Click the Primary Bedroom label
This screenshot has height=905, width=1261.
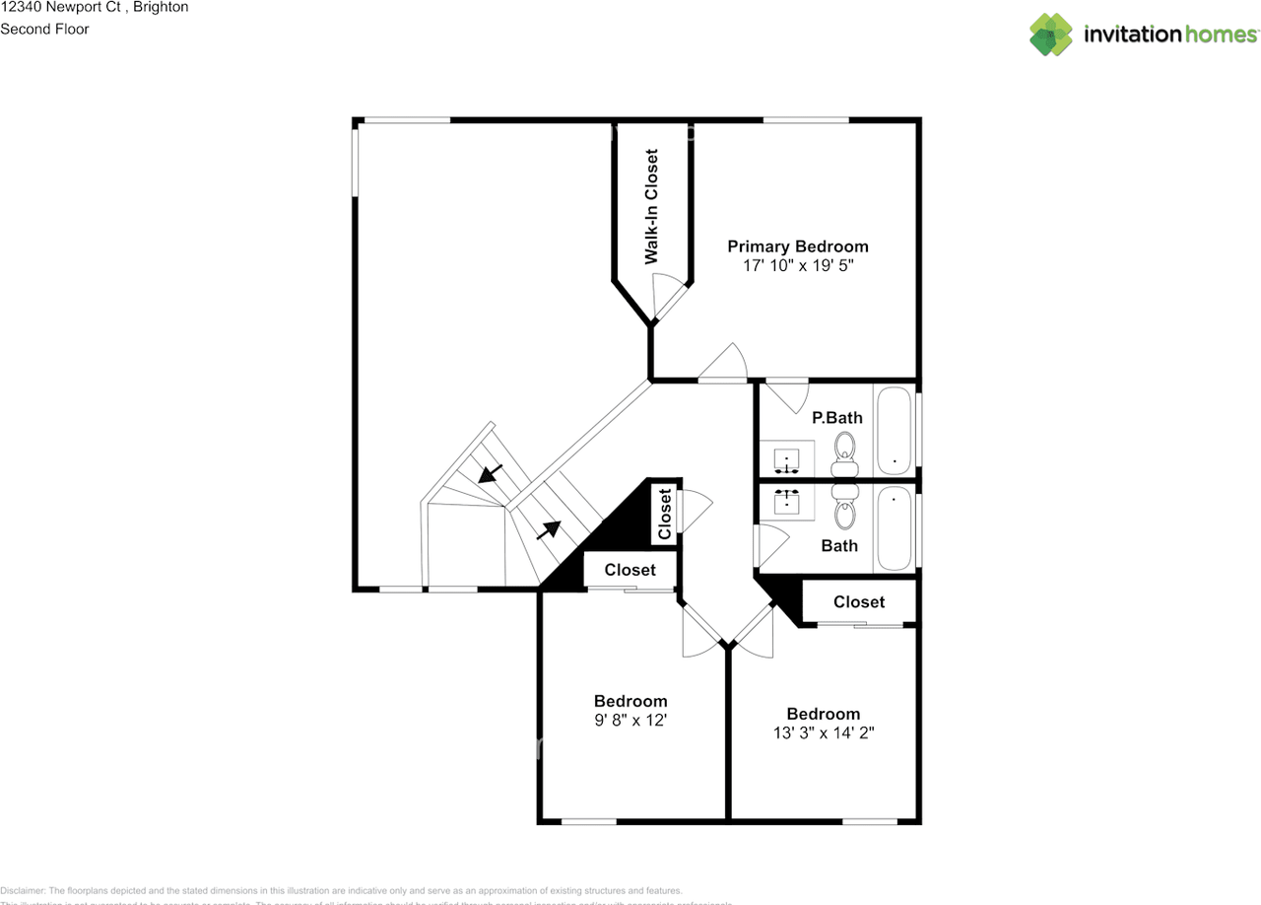point(798,246)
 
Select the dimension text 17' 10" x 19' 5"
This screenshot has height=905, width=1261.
point(798,266)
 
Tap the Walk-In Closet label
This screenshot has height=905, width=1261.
point(651,207)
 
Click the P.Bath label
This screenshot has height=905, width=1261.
point(836,417)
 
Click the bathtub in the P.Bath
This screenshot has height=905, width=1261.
point(895,429)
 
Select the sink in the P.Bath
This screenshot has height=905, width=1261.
point(788,459)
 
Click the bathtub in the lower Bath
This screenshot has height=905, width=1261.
point(895,528)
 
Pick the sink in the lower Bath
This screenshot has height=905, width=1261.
point(788,501)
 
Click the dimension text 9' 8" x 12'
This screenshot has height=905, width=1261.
point(630,721)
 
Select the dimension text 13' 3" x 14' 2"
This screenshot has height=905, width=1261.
point(824,732)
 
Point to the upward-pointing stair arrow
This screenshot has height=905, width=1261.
point(548,530)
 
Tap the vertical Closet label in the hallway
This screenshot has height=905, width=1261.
point(665,514)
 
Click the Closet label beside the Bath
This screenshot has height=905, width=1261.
point(859,601)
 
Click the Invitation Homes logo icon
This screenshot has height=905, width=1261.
point(1051,35)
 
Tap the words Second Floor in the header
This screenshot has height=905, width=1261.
point(44,29)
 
